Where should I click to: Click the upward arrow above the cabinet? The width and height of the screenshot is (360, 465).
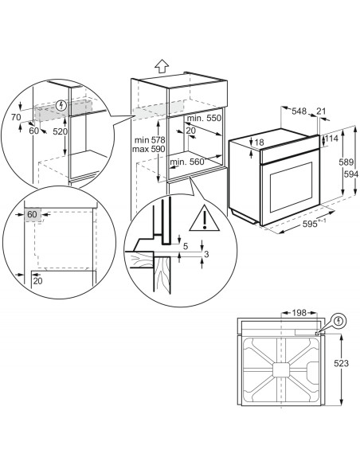pyautogui.click(x=162, y=66)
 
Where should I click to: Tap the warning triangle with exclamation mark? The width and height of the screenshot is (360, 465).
pyautogui.click(x=205, y=219)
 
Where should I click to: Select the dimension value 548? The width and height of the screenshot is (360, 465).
pyautogui.click(x=299, y=111)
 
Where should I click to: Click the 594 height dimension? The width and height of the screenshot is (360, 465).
pyautogui.click(x=351, y=174)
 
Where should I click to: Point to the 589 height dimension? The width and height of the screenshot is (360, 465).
pyautogui.click(x=346, y=162)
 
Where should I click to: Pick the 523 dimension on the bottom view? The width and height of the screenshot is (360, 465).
pyautogui.click(x=341, y=363)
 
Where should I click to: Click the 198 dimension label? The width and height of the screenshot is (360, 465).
pyautogui.click(x=299, y=313)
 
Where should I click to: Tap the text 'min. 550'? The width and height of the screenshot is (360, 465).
pyautogui.click(x=205, y=118)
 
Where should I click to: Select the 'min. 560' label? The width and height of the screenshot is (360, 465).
pyautogui.click(x=187, y=162)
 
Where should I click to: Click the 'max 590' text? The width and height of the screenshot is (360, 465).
pyautogui.click(x=149, y=149)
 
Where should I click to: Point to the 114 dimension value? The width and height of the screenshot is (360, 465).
pyautogui.click(x=331, y=139)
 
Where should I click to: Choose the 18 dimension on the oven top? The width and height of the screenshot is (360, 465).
pyautogui.click(x=259, y=143)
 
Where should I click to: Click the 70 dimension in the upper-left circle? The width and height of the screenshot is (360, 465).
pyautogui.click(x=16, y=117)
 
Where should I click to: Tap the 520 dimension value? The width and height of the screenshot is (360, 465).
pyautogui.click(x=61, y=131)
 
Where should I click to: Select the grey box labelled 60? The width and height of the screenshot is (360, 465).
pyautogui.click(x=33, y=214)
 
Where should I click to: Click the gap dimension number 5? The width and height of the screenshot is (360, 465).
pyautogui.click(x=186, y=246)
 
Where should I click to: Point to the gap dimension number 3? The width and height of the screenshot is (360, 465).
pyautogui.click(x=207, y=254)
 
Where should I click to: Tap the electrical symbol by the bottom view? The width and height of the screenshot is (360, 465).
pyautogui.click(x=339, y=321)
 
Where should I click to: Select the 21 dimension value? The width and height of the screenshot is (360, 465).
pyautogui.click(x=321, y=111)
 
